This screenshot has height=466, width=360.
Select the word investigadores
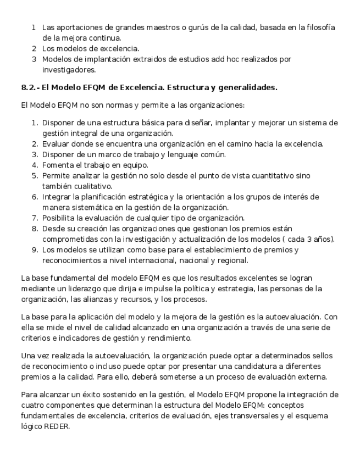coord(69,70)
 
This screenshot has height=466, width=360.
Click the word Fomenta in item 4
coord(57,165)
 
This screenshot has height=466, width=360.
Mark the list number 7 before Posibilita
coord(34,218)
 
